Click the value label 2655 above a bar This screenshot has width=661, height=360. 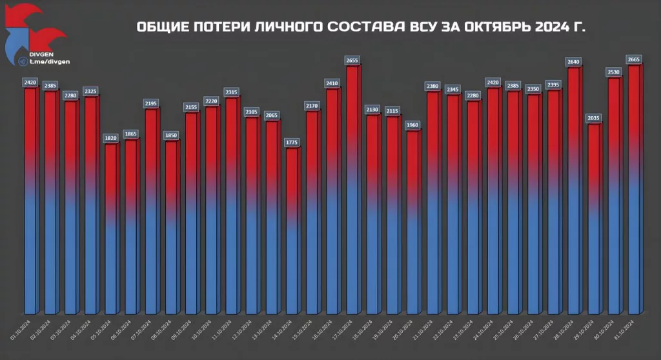352,60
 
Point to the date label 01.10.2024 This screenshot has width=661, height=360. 21,328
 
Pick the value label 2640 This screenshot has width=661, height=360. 574,62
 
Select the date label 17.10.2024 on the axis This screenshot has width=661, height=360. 342,328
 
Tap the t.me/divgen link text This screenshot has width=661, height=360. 45,61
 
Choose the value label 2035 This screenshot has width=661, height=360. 594,118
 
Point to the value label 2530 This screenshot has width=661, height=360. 614,71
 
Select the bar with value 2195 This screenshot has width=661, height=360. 152,213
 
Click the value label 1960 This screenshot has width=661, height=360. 413,125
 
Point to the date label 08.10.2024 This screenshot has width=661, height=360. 162,328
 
